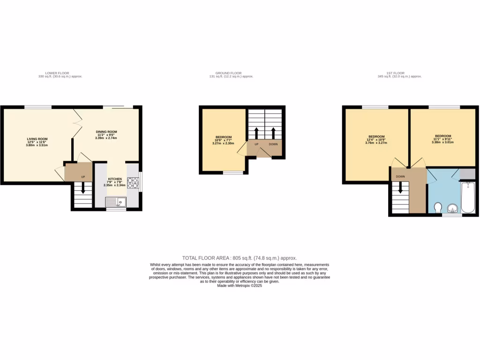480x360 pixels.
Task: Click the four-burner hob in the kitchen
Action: pyautogui.click(x=133, y=182)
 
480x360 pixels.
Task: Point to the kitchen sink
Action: pyautogui.click(x=114, y=202)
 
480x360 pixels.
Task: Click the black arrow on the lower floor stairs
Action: pyautogui.click(x=83, y=188)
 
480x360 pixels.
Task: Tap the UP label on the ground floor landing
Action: pyautogui.click(x=256, y=144)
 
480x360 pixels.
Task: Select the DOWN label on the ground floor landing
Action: pyautogui.click(x=273, y=144)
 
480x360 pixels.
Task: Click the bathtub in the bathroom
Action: pyautogui.click(x=468, y=199)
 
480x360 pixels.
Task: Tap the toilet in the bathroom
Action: pyautogui.click(x=438, y=207)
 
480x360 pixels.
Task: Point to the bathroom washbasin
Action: pyautogui.click(x=452, y=208)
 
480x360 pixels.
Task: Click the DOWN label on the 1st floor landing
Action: pyautogui.click(x=400, y=177)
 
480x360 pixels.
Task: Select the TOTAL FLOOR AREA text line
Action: pyautogui.click(x=240, y=258)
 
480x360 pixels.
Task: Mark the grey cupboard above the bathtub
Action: pyautogui.click(x=468, y=174)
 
